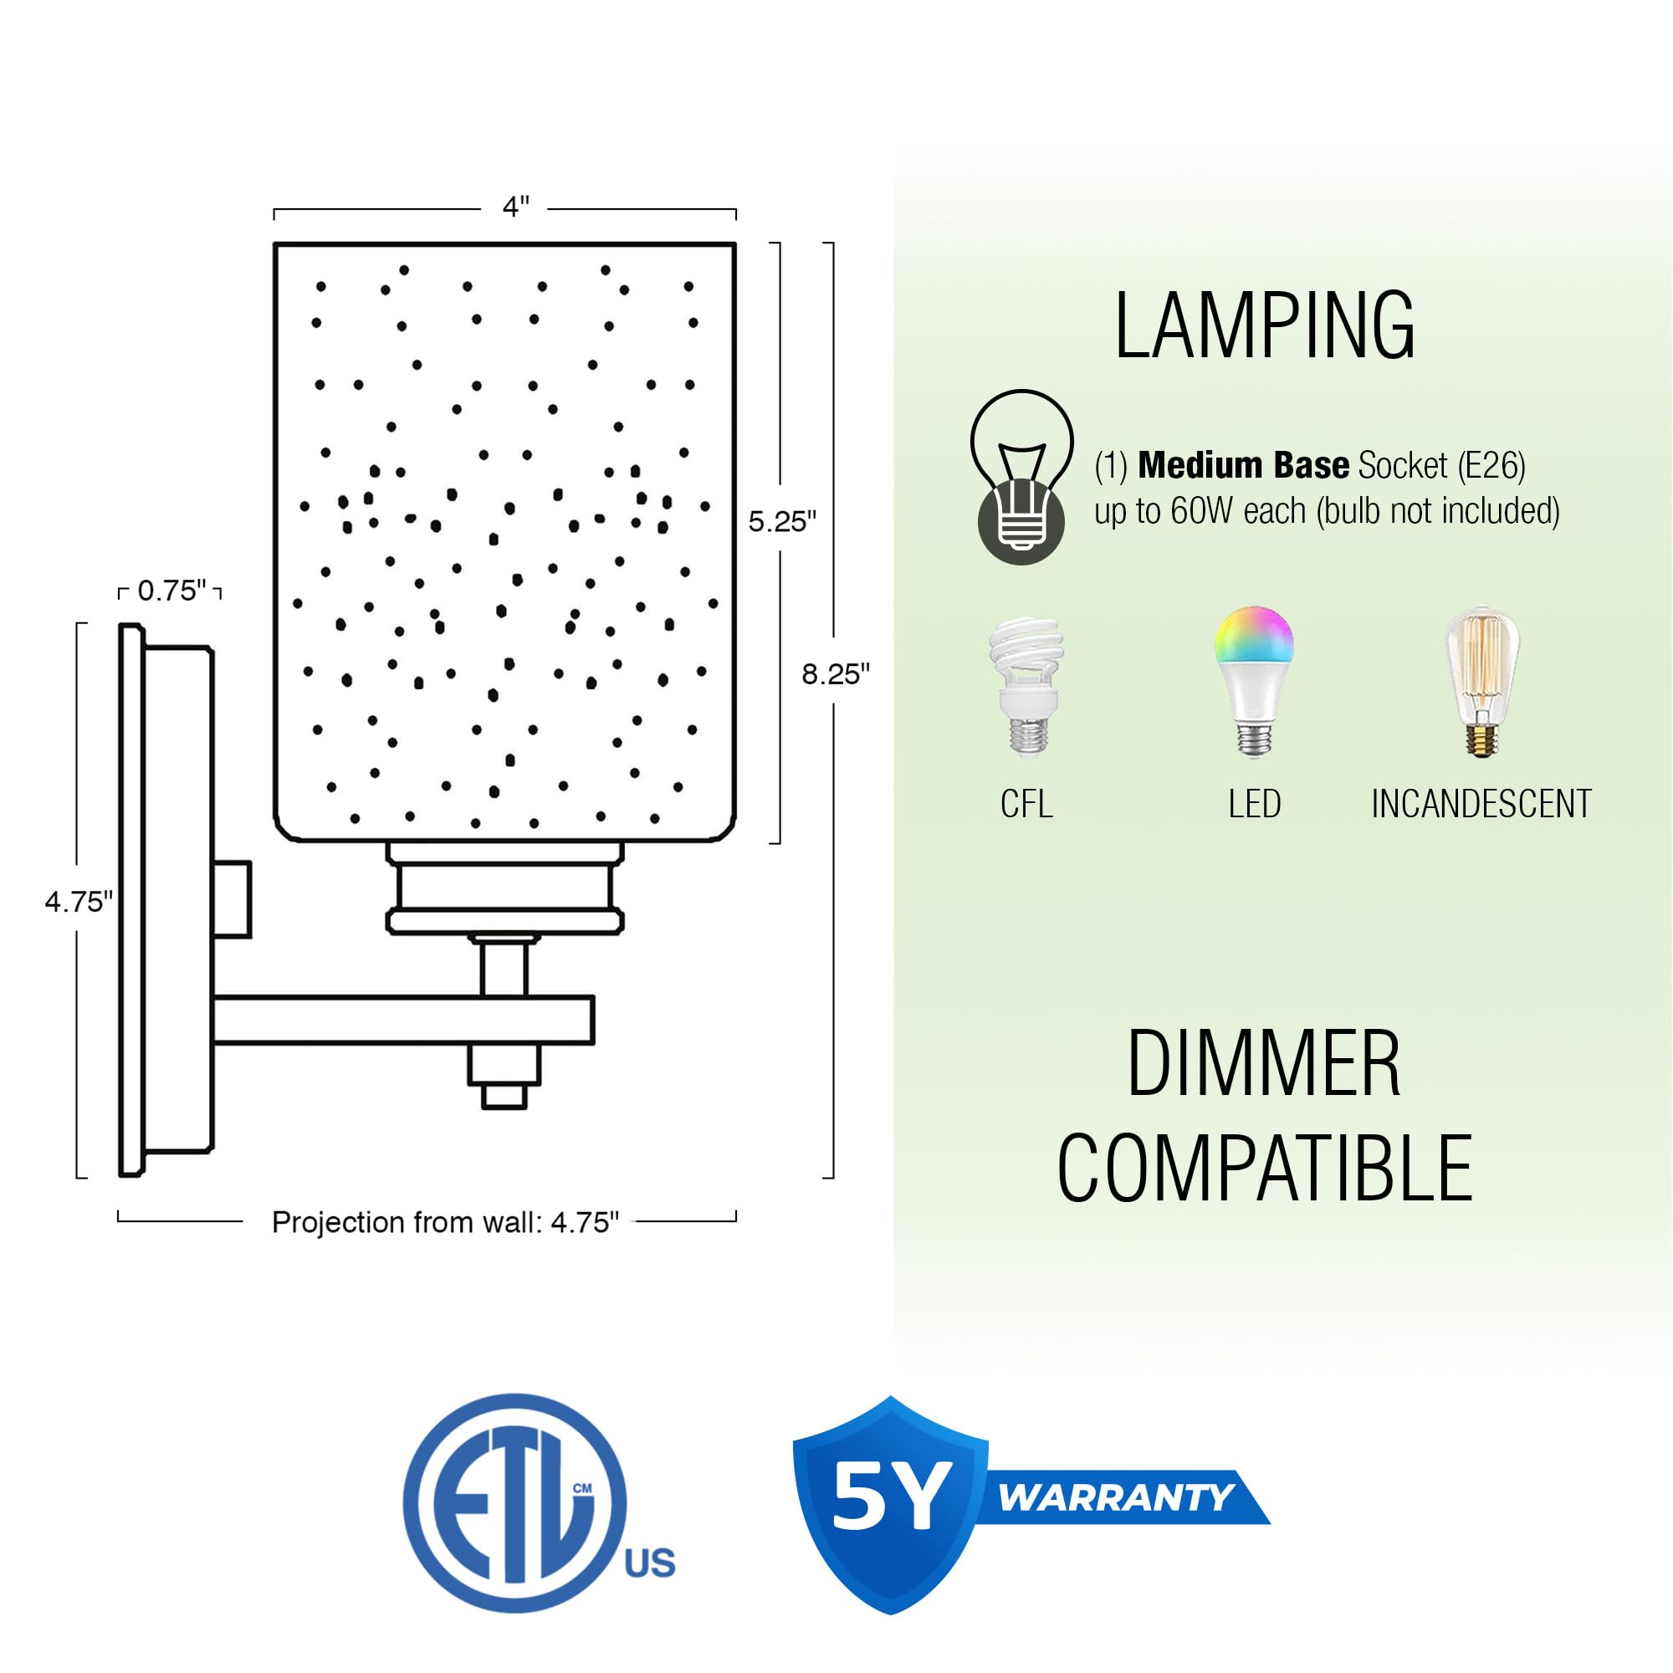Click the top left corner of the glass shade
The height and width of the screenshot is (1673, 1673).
click(x=275, y=244)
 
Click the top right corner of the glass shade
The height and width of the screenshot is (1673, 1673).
click(x=735, y=244)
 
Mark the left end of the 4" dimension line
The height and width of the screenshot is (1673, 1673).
click(x=274, y=211)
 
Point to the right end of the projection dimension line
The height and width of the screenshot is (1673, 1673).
click(x=736, y=1221)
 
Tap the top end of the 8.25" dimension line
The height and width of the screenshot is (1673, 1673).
click(x=832, y=243)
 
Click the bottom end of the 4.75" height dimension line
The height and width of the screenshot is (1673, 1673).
click(x=78, y=1178)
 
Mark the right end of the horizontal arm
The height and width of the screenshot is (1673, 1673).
click(x=593, y=1020)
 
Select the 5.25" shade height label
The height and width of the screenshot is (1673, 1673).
click(x=782, y=521)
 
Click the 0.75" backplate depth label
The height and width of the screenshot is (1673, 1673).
click(x=171, y=591)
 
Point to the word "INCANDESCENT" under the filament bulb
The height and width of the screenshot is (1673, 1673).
click(x=1481, y=804)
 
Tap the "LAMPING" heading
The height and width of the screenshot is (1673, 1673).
click(x=1264, y=325)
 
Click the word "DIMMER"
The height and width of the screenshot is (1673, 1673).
click(x=1263, y=1064)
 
